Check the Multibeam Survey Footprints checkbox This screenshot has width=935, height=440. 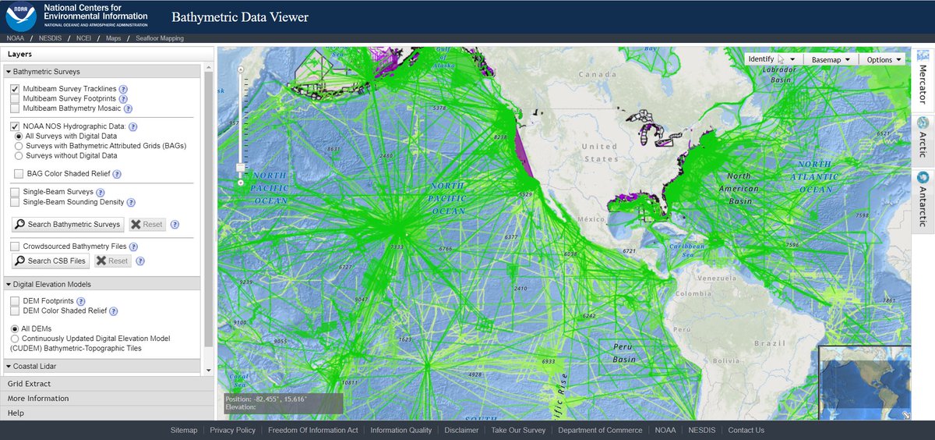[x=15, y=99]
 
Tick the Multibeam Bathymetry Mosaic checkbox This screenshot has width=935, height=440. [x=15, y=108]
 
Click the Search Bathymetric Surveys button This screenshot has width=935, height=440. [x=68, y=225]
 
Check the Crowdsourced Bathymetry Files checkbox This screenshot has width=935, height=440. [x=15, y=247]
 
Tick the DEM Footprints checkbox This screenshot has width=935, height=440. [x=15, y=300]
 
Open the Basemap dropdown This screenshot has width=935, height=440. [x=831, y=59]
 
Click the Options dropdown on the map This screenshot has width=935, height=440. [x=884, y=59]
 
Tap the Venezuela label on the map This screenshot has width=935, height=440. [x=716, y=278]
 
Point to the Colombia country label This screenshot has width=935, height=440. [x=693, y=294]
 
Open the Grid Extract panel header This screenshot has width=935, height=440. [x=30, y=384]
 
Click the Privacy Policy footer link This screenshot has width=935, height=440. [x=232, y=430]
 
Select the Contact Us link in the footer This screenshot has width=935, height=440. [x=746, y=430]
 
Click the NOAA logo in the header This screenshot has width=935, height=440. [x=20, y=16]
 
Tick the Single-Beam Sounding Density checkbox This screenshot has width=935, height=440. [x=15, y=201]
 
